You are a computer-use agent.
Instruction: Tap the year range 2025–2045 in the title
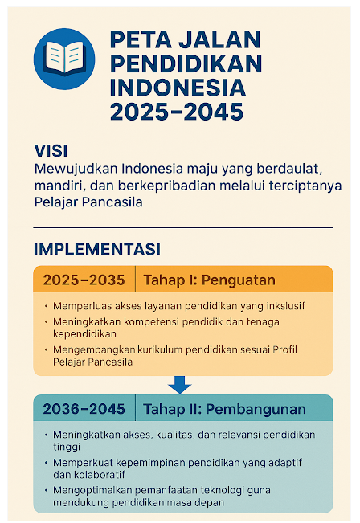[177, 112]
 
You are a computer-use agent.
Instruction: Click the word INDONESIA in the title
[178, 88]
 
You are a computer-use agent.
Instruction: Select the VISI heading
[51, 151]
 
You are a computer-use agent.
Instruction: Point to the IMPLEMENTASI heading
[97, 249]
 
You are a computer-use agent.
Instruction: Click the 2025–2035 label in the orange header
[84, 280]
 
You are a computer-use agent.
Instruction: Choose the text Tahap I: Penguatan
[210, 280]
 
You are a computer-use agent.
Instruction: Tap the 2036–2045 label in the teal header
[84, 409]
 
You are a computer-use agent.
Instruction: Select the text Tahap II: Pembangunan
[224, 409]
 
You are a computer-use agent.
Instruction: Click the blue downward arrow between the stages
[180, 385]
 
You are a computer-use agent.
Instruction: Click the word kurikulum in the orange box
[159, 350]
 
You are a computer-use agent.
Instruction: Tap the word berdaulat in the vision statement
[290, 169]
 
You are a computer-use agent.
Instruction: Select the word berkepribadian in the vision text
[166, 186]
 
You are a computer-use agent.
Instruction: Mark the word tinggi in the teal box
[67, 447]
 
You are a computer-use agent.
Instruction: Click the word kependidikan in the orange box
[84, 334]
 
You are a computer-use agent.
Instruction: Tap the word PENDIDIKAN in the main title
[186, 63]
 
